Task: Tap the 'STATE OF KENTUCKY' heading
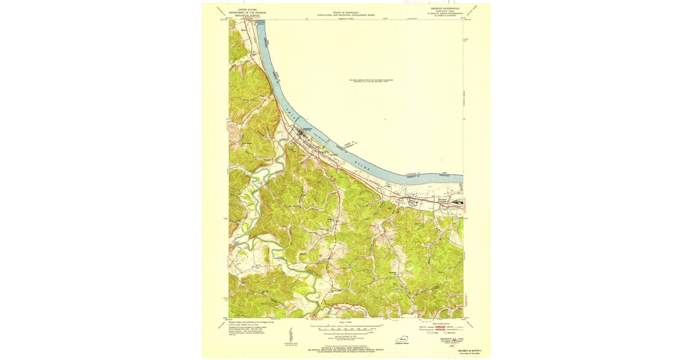coord(342,10)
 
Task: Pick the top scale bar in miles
coord(344,328)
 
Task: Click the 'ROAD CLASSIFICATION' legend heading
coord(444,323)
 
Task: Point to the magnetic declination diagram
coord(291,337)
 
